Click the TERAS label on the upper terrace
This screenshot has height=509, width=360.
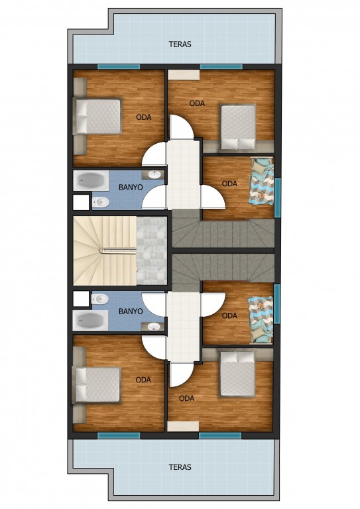pyautogui.click(x=180, y=44)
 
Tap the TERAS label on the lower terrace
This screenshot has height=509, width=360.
pyautogui.click(x=180, y=467)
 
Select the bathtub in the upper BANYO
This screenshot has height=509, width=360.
pyautogui.click(x=91, y=180)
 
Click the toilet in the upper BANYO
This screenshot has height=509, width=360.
pyautogui.click(x=101, y=203)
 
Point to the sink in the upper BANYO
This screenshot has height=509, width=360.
pyautogui.click(x=154, y=175)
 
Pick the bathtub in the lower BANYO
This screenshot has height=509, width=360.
pyautogui.click(x=91, y=320)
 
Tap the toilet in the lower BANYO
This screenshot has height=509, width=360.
pyautogui.click(x=100, y=299)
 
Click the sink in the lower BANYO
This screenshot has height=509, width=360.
pyautogui.click(x=154, y=327)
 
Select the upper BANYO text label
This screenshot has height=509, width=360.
pyautogui.click(x=131, y=188)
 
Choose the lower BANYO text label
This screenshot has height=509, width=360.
pyautogui.click(x=131, y=311)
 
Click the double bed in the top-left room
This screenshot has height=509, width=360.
pyautogui.click(x=97, y=116)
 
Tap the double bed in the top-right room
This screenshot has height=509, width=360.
pyautogui.click(x=238, y=127)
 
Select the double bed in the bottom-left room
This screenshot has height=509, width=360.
pyautogui.click(x=97, y=385)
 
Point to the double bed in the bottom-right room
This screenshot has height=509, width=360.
pyautogui.click(x=237, y=374)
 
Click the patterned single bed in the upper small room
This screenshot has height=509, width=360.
pyautogui.click(x=261, y=182)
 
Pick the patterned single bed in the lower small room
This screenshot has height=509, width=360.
pyautogui.click(x=261, y=319)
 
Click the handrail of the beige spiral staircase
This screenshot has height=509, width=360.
pyautogui.click(x=117, y=250)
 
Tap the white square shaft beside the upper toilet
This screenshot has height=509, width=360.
pyautogui.click(x=81, y=202)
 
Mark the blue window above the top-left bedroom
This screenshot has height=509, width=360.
pyautogui.click(x=119, y=66)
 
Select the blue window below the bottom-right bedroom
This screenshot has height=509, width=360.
pyautogui.click(x=220, y=435)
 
